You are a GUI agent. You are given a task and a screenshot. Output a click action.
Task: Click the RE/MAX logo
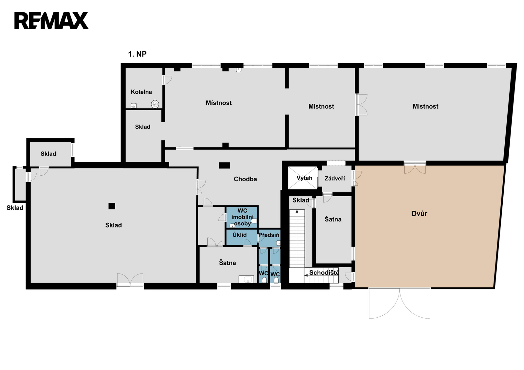pyautogui.click(x=51, y=21)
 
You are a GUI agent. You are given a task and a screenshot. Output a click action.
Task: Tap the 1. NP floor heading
pyautogui.click(x=137, y=54)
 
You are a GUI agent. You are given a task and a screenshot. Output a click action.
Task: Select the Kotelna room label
pyautogui.click(x=141, y=92)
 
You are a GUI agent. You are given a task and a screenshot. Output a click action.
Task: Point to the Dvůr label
pyautogui.click(x=420, y=213)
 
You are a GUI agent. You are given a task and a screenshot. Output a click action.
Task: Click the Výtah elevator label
pyautogui.click(x=304, y=178)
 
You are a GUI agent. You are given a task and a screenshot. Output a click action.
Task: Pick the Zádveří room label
pyautogui.click(x=335, y=179)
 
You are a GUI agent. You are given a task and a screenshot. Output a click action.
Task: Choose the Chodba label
pyautogui.click(x=245, y=179)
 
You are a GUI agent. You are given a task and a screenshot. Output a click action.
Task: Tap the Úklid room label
pyautogui.click(x=239, y=235)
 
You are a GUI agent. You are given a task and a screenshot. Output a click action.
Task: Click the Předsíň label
pyautogui.click(x=269, y=235)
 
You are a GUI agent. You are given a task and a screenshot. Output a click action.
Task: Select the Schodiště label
pyautogui.click(x=324, y=273)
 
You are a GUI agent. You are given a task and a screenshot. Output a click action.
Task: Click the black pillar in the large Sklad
pyautogui.click(x=112, y=206)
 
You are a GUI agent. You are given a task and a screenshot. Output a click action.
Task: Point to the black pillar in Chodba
pyautogui.click(x=225, y=166)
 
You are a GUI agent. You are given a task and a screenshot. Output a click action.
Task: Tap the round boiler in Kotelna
pyautogui.click(x=155, y=104)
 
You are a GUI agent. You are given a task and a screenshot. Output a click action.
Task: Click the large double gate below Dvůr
pyautogui.click(x=400, y=303)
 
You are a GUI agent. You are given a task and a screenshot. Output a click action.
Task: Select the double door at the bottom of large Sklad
pyautogui.click(x=130, y=280)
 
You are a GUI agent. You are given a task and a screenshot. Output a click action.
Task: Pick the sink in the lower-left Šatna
pyautogui.click(x=246, y=279)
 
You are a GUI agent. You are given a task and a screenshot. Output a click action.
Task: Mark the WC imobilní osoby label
pyautogui.click(x=242, y=217)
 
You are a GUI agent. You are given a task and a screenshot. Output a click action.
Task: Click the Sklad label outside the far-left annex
pyautogui.click(x=15, y=208)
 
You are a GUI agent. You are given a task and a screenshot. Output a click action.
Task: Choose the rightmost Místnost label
pyautogui.click(x=425, y=107)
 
